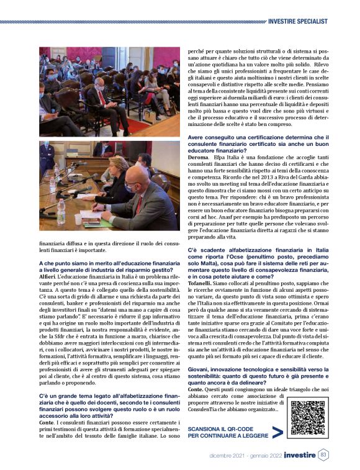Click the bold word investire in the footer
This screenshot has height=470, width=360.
click(x=300, y=456)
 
